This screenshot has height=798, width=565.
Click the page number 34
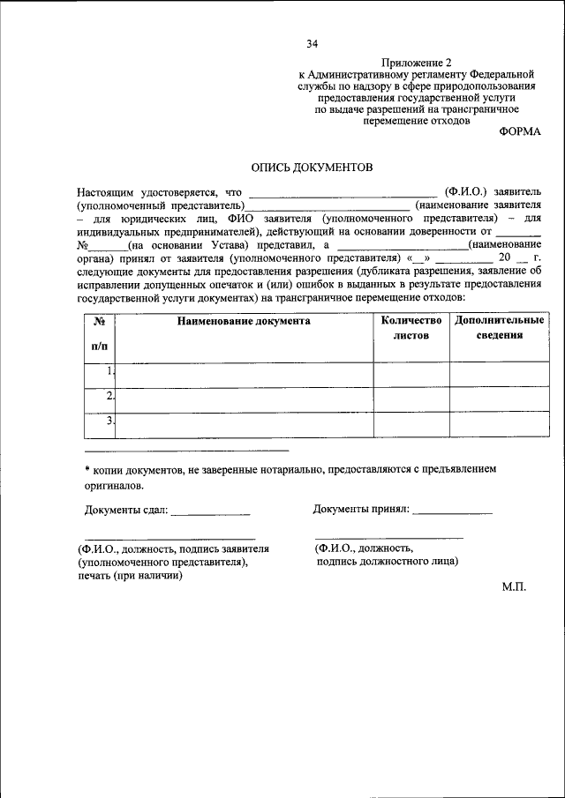tap(312, 43)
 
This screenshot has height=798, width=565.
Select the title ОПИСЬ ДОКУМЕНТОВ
tap(313, 167)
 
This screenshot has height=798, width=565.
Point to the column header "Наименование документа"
tap(244, 322)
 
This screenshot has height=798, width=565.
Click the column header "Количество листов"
tap(411, 328)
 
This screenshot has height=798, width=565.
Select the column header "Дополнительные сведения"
tap(500, 328)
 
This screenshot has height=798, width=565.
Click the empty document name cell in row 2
tap(245, 399)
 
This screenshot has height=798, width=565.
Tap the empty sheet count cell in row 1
tap(411, 375)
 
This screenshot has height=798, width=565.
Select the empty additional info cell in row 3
tap(500, 425)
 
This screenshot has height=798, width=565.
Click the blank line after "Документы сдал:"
tap(210, 511)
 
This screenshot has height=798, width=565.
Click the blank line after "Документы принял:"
tap(452, 511)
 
